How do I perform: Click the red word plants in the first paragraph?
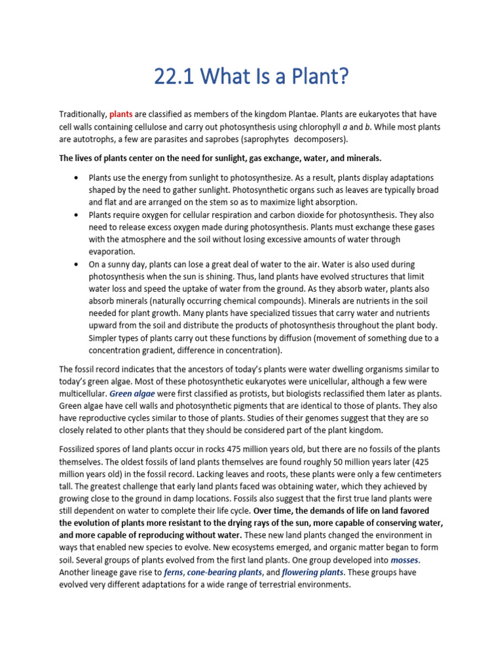(x=121, y=114)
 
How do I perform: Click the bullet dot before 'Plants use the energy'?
(x=77, y=178)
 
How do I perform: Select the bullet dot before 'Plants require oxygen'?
(x=77, y=215)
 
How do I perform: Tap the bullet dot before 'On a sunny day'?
(x=77, y=264)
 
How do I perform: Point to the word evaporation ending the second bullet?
(x=111, y=251)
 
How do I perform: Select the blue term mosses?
(x=404, y=560)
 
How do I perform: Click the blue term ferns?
(x=173, y=573)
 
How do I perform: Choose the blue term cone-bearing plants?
(x=225, y=573)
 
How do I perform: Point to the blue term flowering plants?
(x=312, y=573)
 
